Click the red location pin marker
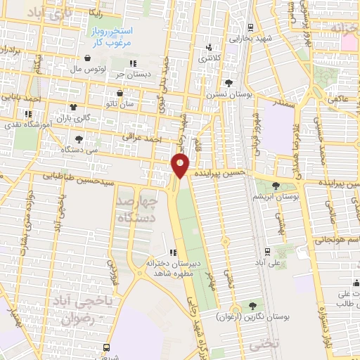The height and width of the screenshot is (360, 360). tap(181, 166)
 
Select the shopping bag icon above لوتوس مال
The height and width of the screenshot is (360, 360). tap(86, 58)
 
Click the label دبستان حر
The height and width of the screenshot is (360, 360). tap(130, 74)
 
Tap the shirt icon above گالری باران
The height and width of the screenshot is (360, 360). tap(73, 108)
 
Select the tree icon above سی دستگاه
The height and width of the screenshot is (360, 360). tap(78, 139)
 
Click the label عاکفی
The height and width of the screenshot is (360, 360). tap(337, 100)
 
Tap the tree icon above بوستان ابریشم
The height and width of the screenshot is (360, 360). tap(275, 186)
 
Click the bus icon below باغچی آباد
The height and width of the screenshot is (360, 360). tap(106, 347)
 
